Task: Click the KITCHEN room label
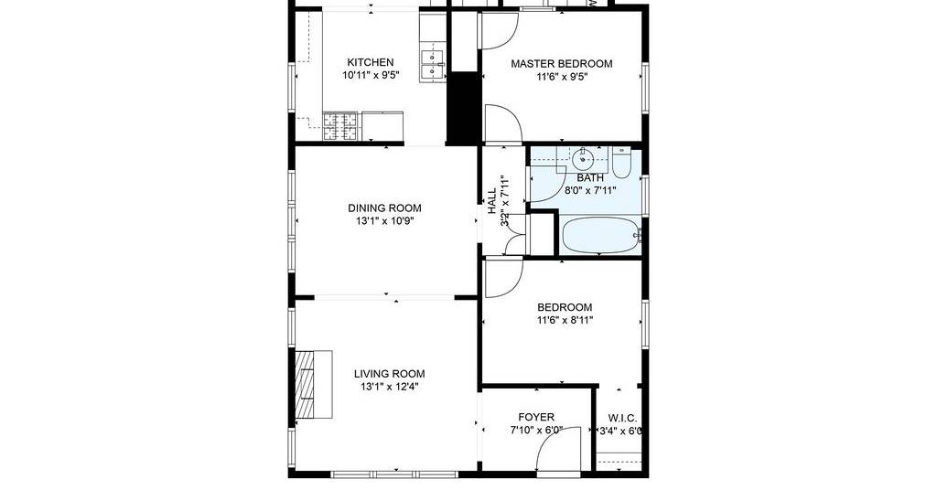pos(371,62)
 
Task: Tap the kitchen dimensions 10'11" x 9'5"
pos(371,75)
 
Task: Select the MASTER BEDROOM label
pos(562,63)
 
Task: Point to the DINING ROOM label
pos(385,208)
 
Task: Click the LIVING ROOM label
pos(390,374)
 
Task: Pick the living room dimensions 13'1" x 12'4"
pos(390,387)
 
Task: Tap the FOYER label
pos(536,417)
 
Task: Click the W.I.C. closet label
pos(622,417)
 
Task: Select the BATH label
pos(590,178)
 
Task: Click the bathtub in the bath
pos(600,235)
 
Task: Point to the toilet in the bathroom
pos(621,163)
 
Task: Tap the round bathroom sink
pos(582,159)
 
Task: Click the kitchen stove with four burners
pos(341,126)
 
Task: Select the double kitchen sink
pos(433,65)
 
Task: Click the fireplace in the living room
pos(314,384)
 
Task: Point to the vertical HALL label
pos(491,201)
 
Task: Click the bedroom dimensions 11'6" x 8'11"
pos(565,321)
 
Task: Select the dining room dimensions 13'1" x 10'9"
pos(385,221)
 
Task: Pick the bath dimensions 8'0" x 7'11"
pos(590,191)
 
